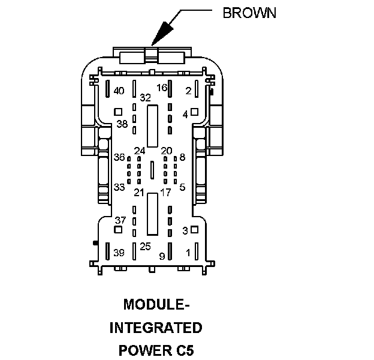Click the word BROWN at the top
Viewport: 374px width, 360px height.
249,13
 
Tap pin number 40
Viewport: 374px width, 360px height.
119,91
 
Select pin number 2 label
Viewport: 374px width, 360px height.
188,91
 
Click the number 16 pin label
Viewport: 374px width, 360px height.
162,88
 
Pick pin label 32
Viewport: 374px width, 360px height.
145,97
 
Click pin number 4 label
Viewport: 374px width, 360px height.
185,113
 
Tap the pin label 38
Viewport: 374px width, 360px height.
122,124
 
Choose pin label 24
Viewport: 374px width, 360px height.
140,151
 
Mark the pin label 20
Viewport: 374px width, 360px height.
167,151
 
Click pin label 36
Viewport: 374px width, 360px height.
119,157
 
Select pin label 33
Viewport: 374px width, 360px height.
119,187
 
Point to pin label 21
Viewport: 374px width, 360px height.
139,193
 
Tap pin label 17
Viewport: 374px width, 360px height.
165,193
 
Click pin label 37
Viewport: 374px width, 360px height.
120,220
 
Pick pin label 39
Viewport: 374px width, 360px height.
119,253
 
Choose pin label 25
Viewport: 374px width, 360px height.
145,247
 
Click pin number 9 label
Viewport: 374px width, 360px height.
162,256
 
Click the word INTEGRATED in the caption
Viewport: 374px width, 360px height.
155,328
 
